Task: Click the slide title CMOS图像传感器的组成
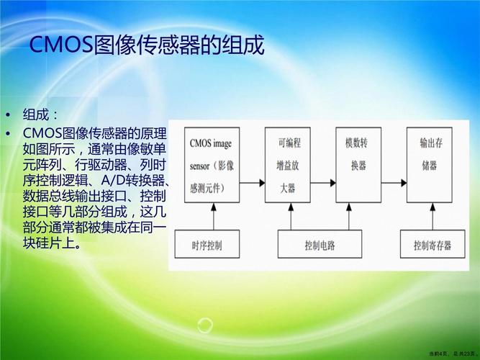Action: click(147, 45)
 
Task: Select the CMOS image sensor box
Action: click(212, 165)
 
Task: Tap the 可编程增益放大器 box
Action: click(288, 165)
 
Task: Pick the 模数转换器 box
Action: click(358, 165)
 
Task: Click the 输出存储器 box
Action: click(430, 165)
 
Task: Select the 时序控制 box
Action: click(207, 244)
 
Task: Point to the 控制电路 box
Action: click(320, 244)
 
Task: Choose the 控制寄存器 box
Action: click(433, 244)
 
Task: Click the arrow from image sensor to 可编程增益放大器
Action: click(253, 183)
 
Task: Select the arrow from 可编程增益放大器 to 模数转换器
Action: click(323, 183)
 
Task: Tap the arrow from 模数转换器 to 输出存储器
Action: click(394, 183)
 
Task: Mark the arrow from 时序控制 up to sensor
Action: click(214, 216)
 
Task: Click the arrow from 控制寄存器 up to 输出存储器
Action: click(433, 216)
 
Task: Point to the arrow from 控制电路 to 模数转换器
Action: click(349, 216)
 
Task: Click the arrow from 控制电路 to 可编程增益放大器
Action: click(291, 216)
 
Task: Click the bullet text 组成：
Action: click(40, 115)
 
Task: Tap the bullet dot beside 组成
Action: click(8, 115)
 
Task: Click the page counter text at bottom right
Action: click(453, 354)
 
